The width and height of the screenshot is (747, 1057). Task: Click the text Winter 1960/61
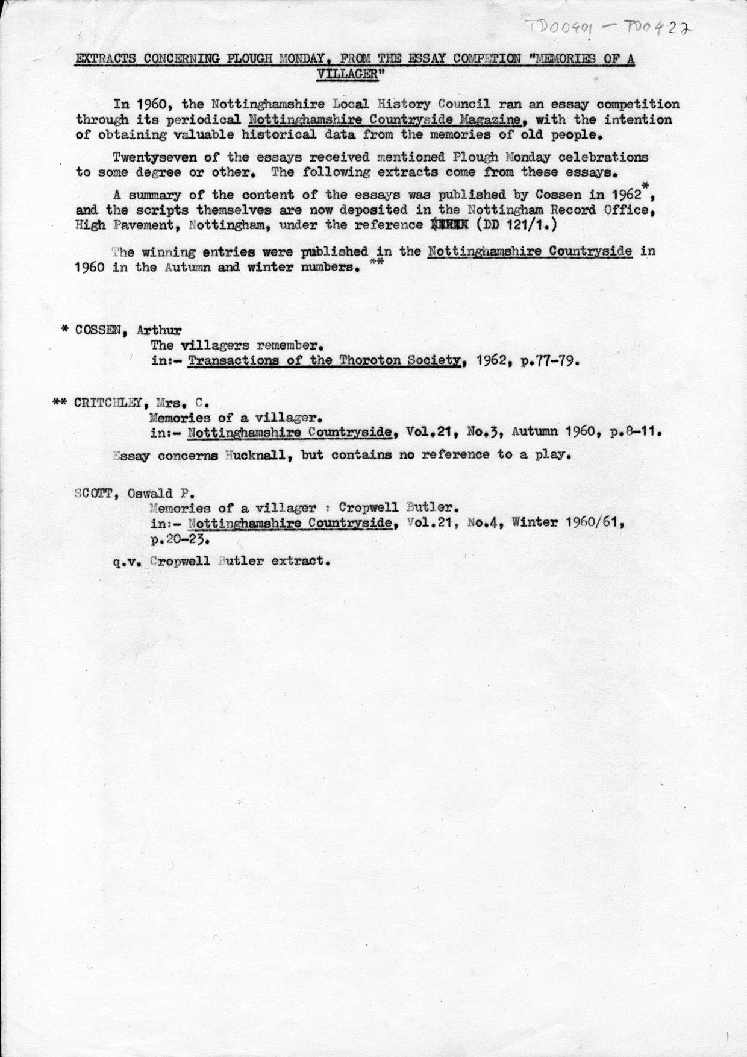pos(567,523)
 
